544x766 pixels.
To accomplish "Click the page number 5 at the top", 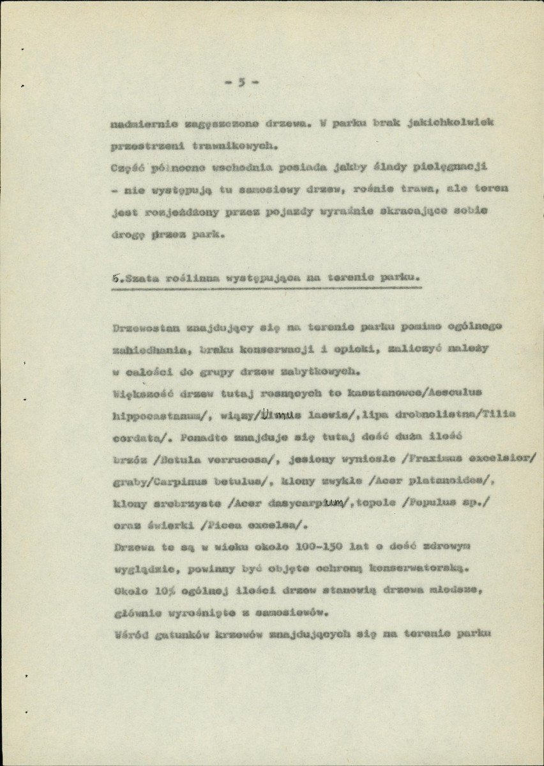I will point(241,82).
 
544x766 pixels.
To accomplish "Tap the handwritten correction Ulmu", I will point(276,415).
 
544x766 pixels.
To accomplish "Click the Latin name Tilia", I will point(498,414).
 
